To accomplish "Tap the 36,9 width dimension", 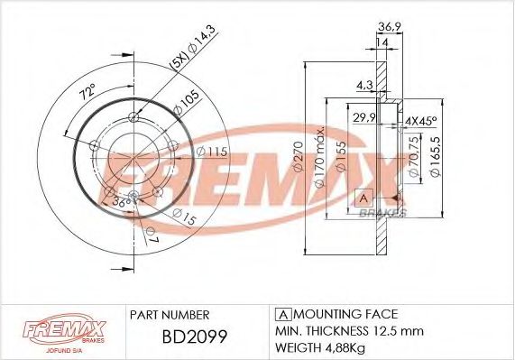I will (x=389, y=27).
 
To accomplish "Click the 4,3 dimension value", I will (x=363, y=86).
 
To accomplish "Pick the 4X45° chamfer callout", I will (x=419, y=120).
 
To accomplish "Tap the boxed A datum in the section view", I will (x=363, y=198).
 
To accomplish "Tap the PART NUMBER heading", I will (x=170, y=314).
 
